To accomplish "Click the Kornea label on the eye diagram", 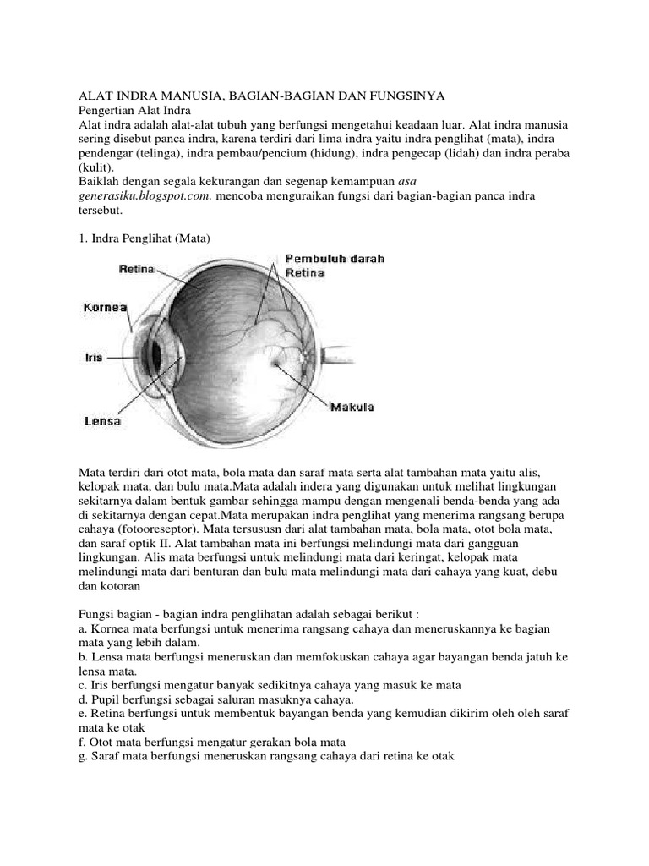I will (x=105, y=308).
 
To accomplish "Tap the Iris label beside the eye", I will (x=93, y=357).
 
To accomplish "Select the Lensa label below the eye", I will (x=102, y=420).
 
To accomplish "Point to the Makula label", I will (x=352, y=408).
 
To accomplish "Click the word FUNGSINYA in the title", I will (x=411, y=96).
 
